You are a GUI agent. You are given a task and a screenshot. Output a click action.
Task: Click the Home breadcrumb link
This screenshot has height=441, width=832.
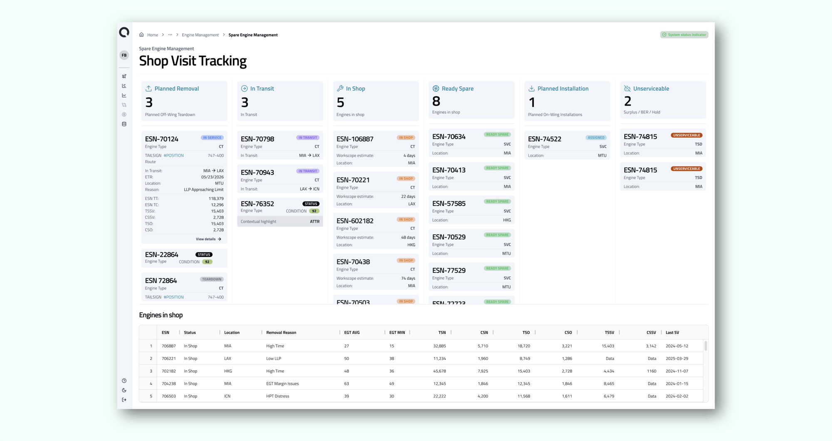pyautogui.click(x=152, y=35)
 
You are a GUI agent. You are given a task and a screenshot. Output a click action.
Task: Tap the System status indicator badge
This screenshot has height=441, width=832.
pyautogui.click(x=684, y=35)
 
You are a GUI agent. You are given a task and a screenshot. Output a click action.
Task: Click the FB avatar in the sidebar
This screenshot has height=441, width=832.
pyautogui.click(x=124, y=55)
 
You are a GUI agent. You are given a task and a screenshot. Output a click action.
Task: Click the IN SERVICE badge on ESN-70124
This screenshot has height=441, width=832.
pyautogui.click(x=212, y=137)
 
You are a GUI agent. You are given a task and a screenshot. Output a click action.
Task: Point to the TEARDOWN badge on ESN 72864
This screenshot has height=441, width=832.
pyautogui.click(x=212, y=279)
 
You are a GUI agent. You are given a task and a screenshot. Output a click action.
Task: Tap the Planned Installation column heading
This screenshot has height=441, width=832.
pyautogui.click(x=562, y=88)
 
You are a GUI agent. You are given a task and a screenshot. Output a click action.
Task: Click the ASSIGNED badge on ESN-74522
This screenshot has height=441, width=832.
pyautogui.click(x=596, y=137)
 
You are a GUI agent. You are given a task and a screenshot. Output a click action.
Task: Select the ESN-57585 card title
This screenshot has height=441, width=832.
pyautogui.click(x=448, y=203)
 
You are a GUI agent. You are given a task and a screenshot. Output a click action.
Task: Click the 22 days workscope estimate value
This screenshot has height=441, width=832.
pyautogui.click(x=408, y=197)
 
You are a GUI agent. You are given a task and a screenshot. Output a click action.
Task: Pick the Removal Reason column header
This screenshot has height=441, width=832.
pyautogui.click(x=281, y=332)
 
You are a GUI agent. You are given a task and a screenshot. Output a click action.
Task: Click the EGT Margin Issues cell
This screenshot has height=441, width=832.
pyautogui.click(x=282, y=384)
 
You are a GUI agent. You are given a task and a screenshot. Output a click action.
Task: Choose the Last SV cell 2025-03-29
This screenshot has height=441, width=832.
pyautogui.click(x=676, y=359)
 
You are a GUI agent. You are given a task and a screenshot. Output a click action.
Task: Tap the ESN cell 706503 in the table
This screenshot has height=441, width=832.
pyautogui.click(x=168, y=396)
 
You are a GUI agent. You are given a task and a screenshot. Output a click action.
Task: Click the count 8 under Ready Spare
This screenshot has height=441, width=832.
pyautogui.click(x=436, y=101)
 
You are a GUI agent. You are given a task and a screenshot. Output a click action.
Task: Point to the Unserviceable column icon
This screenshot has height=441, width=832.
pyautogui.click(x=627, y=88)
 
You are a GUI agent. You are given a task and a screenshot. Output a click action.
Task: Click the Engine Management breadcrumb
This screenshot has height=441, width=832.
pyautogui.click(x=200, y=35)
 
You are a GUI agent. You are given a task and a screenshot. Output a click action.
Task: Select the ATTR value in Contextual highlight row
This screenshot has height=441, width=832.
pyautogui.click(x=314, y=222)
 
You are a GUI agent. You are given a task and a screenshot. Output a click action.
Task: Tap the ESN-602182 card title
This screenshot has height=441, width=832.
pyautogui.click(x=354, y=221)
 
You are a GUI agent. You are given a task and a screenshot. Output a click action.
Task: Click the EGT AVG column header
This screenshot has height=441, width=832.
pyautogui.click(x=352, y=332)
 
